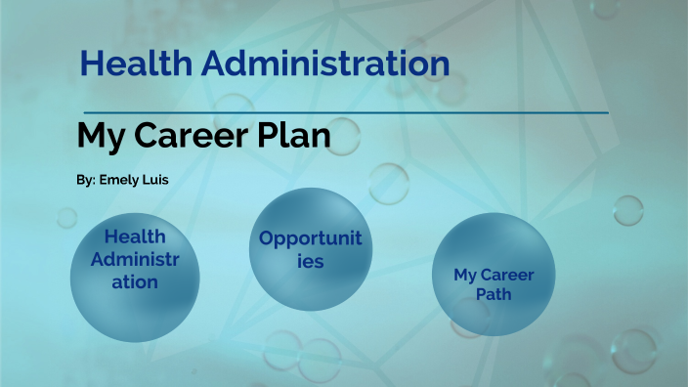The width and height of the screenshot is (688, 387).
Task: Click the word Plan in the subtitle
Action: (295, 136)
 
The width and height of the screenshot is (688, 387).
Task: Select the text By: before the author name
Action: (85, 182)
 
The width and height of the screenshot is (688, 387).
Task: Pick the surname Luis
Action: (155, 182)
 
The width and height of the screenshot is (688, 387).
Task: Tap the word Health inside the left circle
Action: (134, 236)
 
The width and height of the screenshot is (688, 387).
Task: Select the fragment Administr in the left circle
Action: (134, 260)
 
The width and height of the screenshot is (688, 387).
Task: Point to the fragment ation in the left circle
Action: (134, 282)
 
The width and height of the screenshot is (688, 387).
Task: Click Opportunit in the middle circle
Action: (310, 238)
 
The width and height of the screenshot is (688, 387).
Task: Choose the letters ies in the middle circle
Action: (310, 262)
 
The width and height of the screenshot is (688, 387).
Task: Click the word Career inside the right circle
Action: (506, 275)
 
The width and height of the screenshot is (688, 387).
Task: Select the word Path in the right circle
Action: (494, 293)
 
